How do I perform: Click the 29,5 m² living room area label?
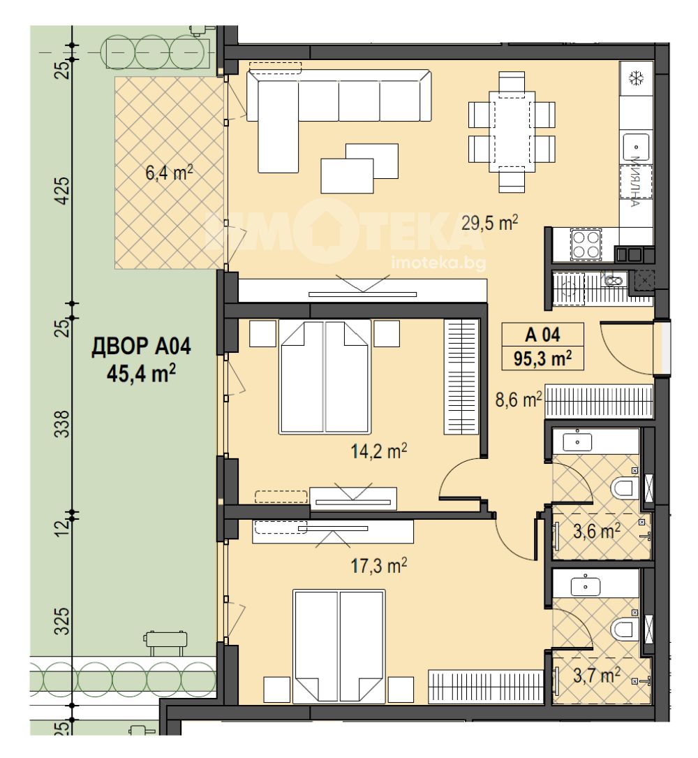coord(489,224)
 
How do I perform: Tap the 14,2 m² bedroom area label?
coord(378,451)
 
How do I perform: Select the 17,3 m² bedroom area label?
coord(378,565)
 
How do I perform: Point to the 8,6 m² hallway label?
coord(519,400)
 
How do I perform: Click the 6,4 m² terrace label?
coord(169,172)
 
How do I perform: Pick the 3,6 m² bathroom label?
coord(597,532)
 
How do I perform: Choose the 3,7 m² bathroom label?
coord(597,675)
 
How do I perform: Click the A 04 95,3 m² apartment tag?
coord(543,346)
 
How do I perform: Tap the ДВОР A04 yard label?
coord(141,347)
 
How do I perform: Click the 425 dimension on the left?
coord(64,191)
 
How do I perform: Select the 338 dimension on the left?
coord(64,424)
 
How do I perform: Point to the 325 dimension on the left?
coord(64,620)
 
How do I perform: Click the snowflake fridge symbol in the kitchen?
coord(637,78)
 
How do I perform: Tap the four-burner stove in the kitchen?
coord(586,245)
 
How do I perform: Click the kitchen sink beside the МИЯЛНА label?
coord(636,146)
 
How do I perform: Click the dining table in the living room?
coord(512,131)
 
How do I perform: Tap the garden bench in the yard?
coord(165,642)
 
